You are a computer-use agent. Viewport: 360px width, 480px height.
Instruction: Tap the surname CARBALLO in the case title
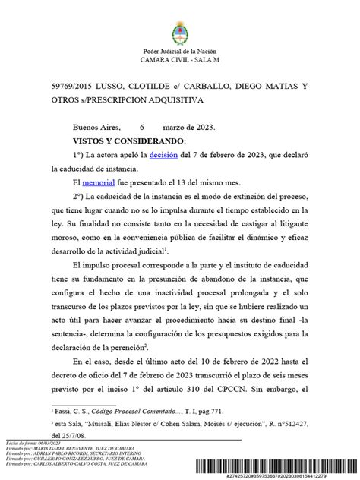200,86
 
